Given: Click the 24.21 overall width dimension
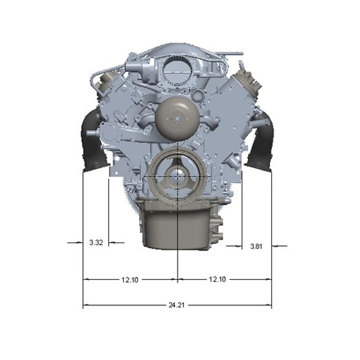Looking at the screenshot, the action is [177, 305].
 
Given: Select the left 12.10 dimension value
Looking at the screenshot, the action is [130, 280].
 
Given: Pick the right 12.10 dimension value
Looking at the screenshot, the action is [217, 279].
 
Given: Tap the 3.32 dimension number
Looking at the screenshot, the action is [96, 243].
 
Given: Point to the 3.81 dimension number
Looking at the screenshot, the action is [256, 246].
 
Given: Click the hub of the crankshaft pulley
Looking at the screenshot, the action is [178, 176].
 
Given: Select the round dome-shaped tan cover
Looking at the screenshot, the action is [177, 118].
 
